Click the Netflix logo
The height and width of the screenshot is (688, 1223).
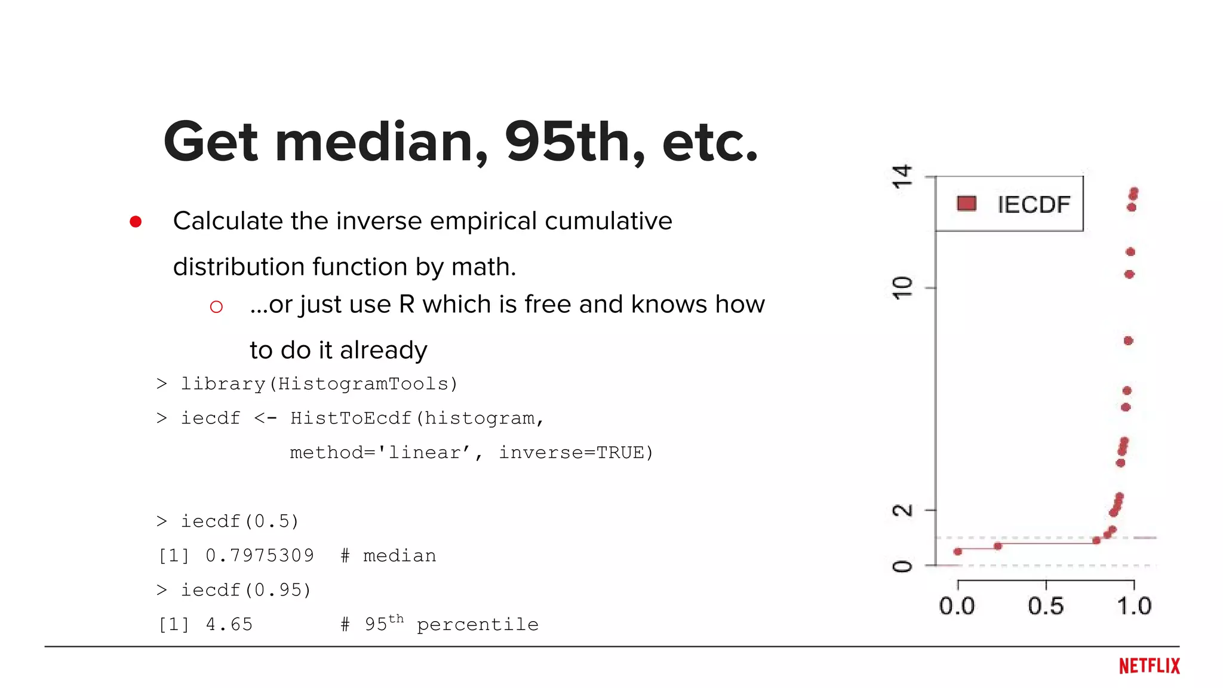point(1149,666)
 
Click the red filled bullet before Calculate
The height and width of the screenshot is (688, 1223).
point(136,222)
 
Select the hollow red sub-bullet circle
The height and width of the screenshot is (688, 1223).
point(216,307)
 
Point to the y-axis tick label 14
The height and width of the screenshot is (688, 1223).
point(902,177)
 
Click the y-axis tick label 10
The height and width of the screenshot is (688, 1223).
point(902,288)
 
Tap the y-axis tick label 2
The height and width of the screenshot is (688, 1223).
point(902,511)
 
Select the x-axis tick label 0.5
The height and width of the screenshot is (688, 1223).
point(1046,606)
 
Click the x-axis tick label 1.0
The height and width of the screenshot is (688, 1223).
point(1133,606)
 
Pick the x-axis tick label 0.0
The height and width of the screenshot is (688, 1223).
point(957,606)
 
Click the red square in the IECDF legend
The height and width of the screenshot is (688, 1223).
point(966,204)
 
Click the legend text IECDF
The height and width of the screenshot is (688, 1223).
point(1034,205)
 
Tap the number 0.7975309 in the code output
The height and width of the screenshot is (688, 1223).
point(260,556)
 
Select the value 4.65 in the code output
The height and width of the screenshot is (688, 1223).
point(229,625)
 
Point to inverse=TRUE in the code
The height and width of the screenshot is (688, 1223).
point(576,453)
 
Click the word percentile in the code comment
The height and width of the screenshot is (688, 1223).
point(477,625)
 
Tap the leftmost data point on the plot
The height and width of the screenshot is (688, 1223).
point(958,551)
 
